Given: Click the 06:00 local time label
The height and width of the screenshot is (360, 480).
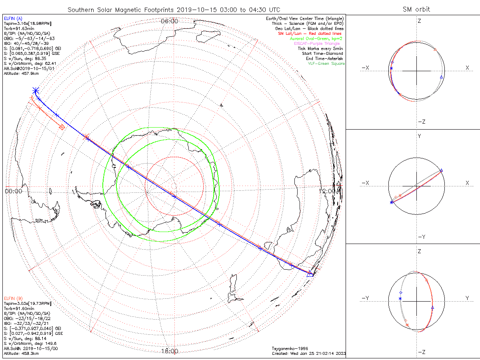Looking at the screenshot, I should coord(169,21).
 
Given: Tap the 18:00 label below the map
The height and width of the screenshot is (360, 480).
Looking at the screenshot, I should coord(169,351).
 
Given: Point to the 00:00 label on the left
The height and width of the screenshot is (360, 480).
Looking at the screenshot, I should coord(13,191).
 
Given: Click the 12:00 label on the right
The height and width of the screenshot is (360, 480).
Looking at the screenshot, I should coord(329,191).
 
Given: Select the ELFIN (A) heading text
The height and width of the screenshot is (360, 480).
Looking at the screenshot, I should coord(14,18).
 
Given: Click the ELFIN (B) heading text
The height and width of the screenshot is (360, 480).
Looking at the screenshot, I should coord(14,298).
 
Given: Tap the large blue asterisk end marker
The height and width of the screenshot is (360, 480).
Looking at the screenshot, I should coord(36,91).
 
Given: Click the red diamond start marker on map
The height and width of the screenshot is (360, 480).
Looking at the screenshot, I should coord(62,127).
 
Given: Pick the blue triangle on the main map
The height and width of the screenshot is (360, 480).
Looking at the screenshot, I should coord(310,274).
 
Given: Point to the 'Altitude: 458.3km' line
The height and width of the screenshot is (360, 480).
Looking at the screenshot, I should coord(21,354).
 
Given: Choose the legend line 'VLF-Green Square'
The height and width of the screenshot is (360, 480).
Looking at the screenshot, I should coord(326,64).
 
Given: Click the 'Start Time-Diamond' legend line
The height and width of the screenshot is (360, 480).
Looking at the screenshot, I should coord(323,54).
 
